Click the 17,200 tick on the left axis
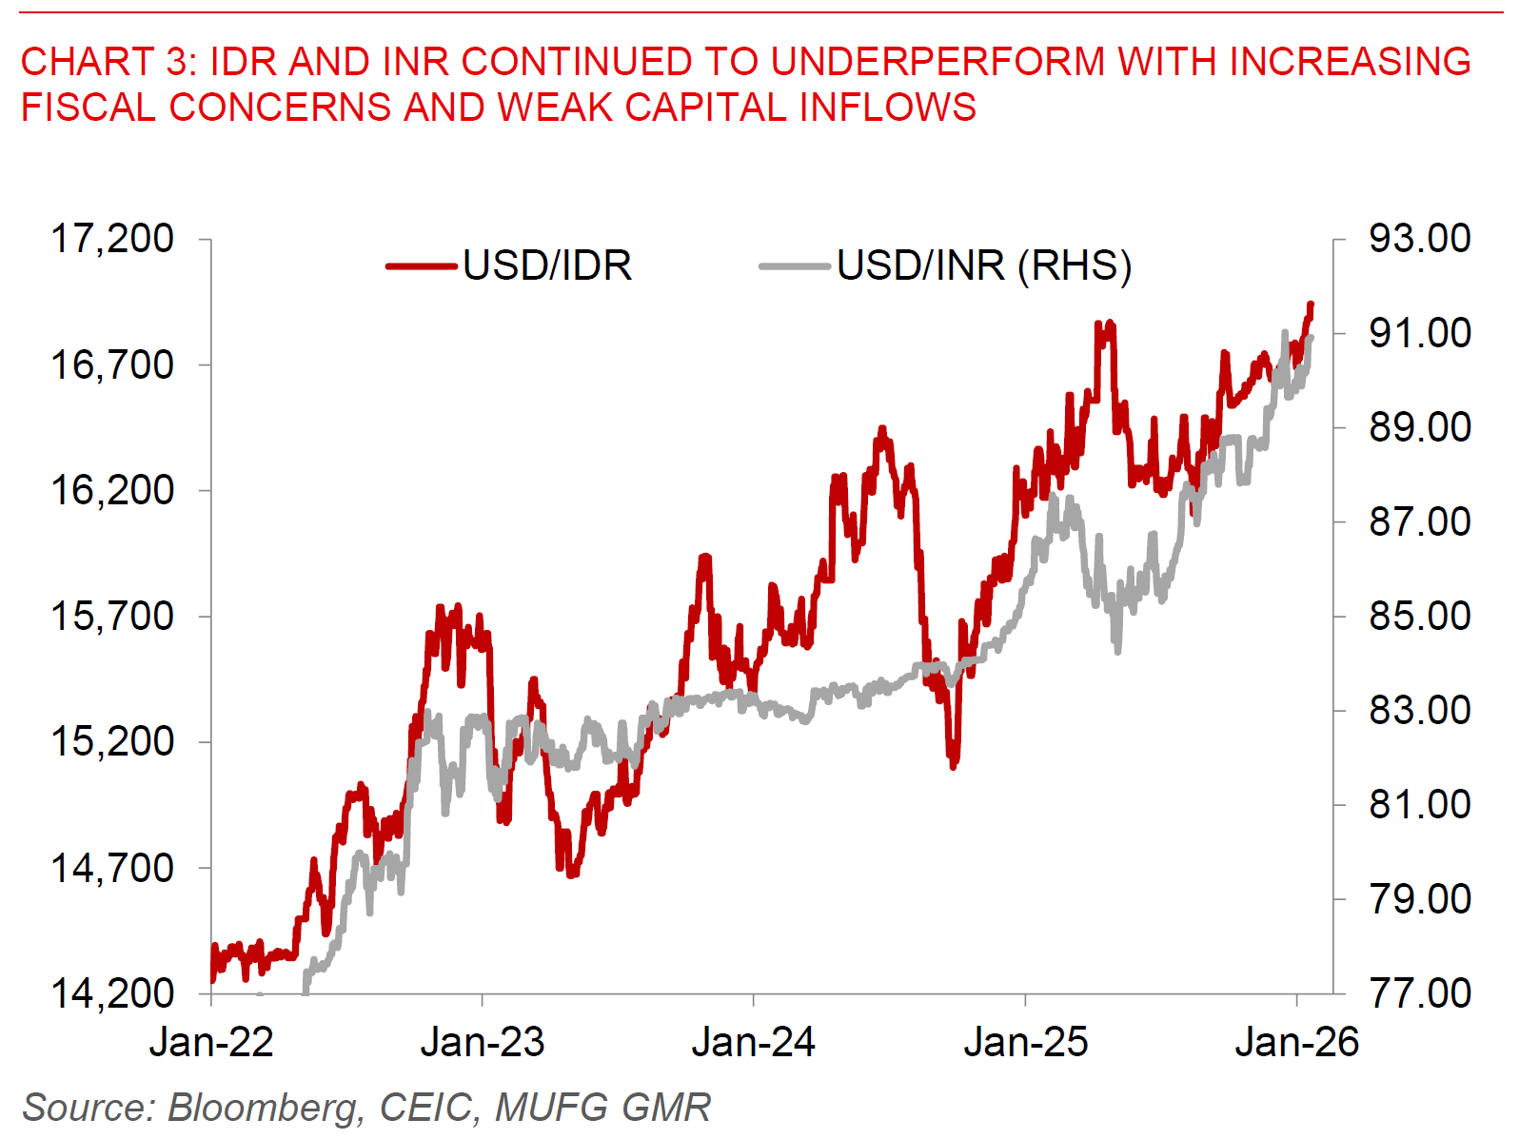(x=112, y=239)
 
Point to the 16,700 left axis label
(x=112, y=364)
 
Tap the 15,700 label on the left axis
(x=112, y=617)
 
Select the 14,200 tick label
(x=112, y=993)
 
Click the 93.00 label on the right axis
(x=1419, y=239)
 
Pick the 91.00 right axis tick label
(x=1419, y=333)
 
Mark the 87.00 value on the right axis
(x=1419, y=521)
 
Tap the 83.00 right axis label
(x=1419, y=710)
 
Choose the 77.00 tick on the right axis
(x=1419, y=993)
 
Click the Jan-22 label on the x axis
(x=211, y=1043)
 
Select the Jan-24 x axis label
(x=754, y=1043)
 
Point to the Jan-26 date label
(x=1296, y=1043)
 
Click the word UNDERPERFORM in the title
(x=938, y=62)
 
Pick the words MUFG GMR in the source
(x=602, y=1108)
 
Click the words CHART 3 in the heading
(x=105, y=62)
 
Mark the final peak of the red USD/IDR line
(x=1311, y=305)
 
